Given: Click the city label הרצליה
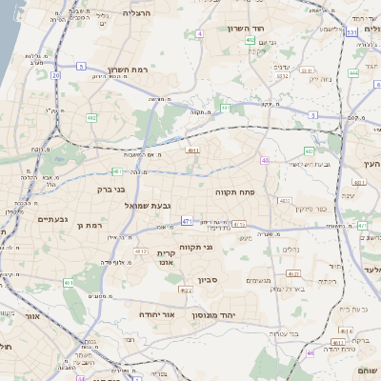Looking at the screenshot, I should (x=138, y=13).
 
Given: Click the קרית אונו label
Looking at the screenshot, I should (x=167, y=259).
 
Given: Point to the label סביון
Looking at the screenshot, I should (x=208, y=280).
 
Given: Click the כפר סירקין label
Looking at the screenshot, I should (x=311, y=208).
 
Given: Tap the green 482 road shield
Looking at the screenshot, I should (x=91, y=118).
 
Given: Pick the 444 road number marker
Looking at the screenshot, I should (x=353, y=72).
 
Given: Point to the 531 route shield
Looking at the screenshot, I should (x=351, y=32).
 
